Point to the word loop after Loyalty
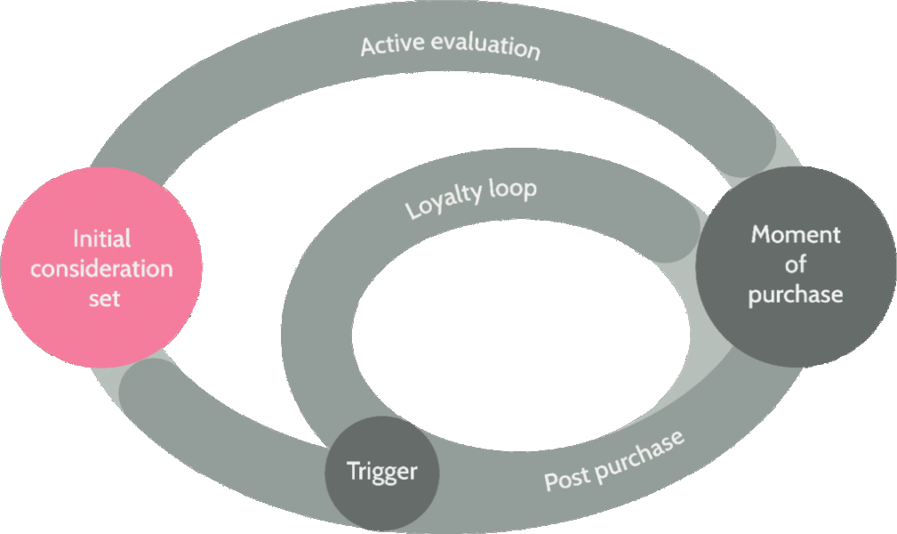510,186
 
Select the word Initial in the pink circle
101,239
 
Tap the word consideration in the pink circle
101,268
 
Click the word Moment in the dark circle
796,235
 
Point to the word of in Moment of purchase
796,264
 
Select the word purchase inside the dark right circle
796,295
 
